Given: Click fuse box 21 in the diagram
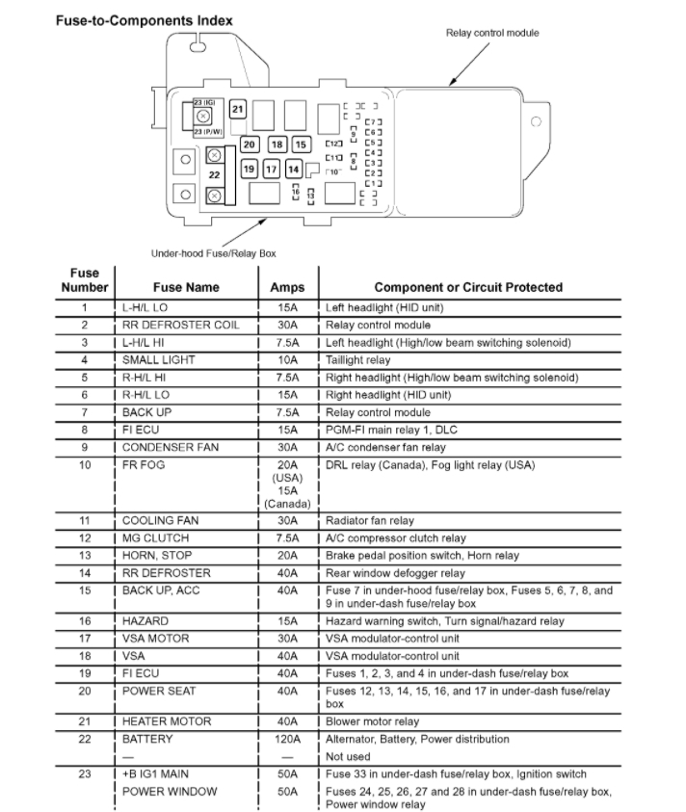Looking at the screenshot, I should click(237, 109).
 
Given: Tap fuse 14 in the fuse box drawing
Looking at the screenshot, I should click(293, 169).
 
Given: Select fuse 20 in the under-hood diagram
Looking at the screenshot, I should click(249, 144).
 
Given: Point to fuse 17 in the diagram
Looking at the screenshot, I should click(271, 169).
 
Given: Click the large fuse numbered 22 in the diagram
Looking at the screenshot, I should click(215, 174).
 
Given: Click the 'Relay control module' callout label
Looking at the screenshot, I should click(491, 33).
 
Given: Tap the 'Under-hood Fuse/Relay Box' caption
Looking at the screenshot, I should click(213, 253).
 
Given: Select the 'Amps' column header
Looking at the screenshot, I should click(286, 287).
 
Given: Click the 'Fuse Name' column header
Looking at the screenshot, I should click(186, 287).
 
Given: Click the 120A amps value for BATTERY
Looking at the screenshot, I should click(286, 739).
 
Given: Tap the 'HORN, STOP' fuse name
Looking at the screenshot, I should click(157, 555).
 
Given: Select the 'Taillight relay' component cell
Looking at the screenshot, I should click(358, 359).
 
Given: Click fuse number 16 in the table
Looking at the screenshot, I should click(85, 621).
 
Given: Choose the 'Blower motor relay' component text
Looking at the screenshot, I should click(372, 721).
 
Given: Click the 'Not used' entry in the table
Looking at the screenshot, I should click(348, 757).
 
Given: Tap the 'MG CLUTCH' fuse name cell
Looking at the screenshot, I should click(155, 537).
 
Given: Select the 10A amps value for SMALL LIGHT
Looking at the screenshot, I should click(286, 359).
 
